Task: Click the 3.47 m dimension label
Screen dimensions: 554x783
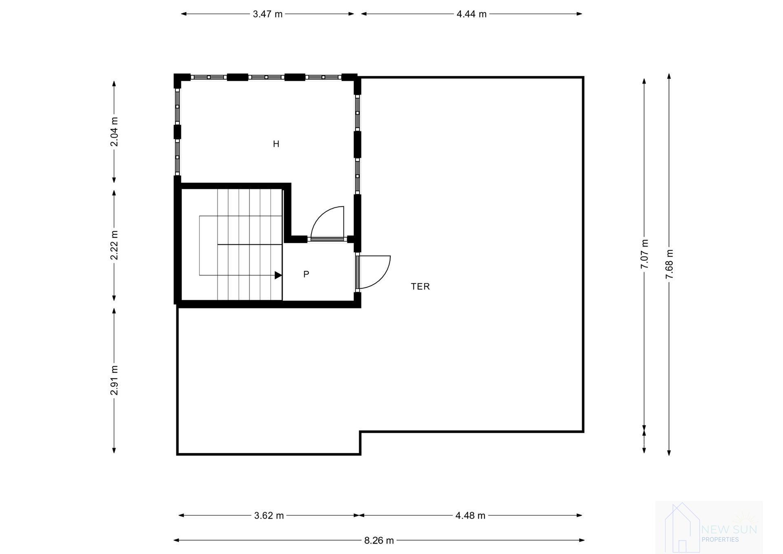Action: click(268, 14)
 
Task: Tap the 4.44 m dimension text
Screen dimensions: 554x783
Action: click(471, 14)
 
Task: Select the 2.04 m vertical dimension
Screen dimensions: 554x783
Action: click(115, 132)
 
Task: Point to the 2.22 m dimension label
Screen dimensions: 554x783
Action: click(115, 245)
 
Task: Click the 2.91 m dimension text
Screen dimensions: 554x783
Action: click(115, 380)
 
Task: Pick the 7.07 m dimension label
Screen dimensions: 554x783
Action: click(644, 254)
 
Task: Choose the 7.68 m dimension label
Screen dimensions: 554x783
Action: click(669, 264)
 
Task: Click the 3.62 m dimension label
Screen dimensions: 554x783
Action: click(269, 516)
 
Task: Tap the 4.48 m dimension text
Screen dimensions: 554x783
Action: click(470, 516)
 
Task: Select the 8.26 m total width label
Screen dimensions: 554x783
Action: click(379, 541)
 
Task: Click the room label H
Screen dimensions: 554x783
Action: click(276, 144)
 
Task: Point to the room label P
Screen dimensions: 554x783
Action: click(306, 275)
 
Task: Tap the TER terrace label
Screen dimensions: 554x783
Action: click(420, 287)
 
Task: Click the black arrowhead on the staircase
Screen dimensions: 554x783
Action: click(278, 275)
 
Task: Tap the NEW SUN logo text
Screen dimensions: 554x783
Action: click(729, 530)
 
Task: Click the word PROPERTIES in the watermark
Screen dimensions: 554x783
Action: click(720, 540)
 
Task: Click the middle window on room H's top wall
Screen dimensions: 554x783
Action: click(266, 77)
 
